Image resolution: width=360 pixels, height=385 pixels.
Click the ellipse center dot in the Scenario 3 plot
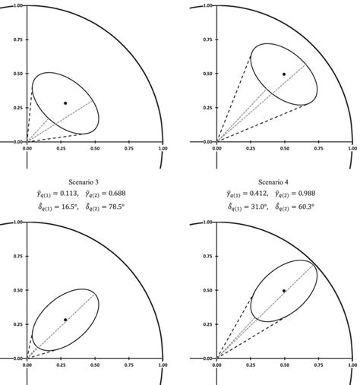65,320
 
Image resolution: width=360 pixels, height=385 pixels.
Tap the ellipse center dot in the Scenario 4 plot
284,291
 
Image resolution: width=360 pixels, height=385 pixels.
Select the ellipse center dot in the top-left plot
65,103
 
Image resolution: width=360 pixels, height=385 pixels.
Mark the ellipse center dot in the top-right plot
284,74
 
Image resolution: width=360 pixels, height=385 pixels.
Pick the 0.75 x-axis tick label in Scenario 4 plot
318,365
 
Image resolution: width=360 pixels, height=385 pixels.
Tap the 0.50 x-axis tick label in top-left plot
95,149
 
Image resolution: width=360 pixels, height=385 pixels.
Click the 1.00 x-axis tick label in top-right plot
352,149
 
